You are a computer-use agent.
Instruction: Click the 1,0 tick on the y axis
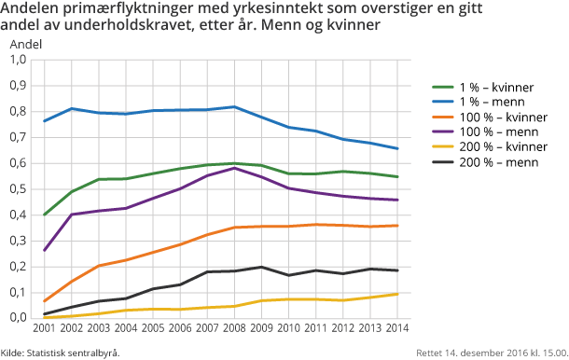click(x=18, y=60)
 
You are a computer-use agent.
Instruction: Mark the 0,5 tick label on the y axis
click(x=18, y=189)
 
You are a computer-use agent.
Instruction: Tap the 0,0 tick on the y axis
click(x=18, y=318)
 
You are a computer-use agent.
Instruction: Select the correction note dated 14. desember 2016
click(x=491, y=353)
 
